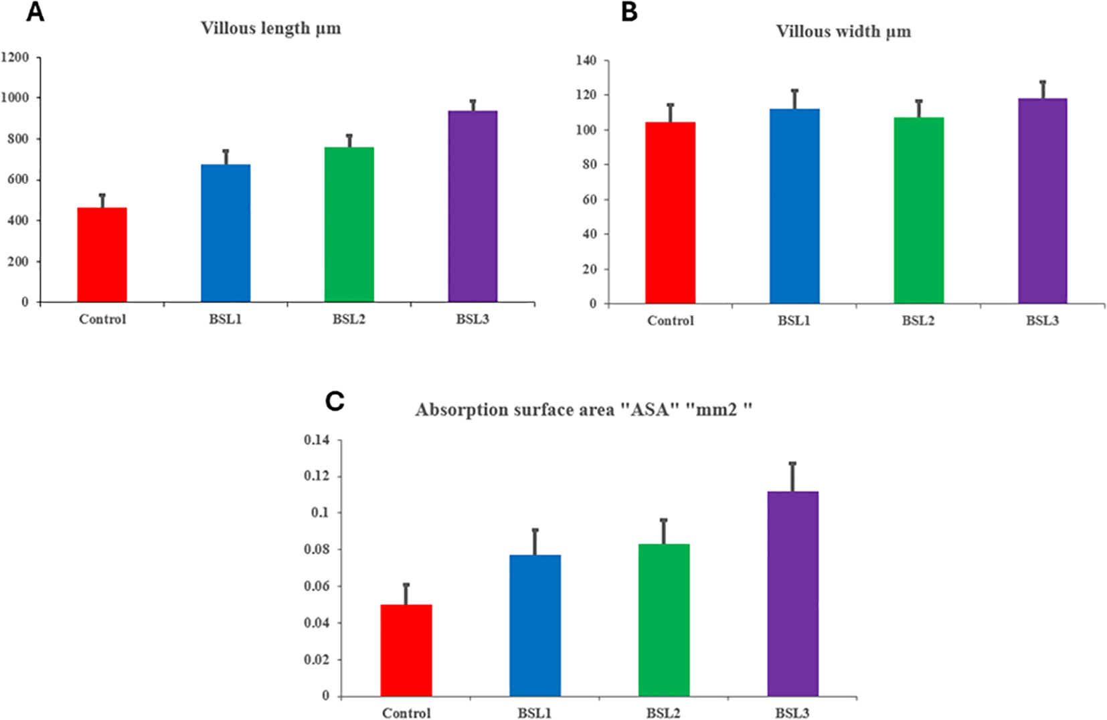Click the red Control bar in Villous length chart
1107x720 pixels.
[x=102, y=255]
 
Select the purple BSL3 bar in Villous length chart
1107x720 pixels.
[x=473, y=207]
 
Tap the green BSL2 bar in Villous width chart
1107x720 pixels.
[x=918, y=211]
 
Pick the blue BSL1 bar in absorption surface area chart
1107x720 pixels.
[x=535, y=626]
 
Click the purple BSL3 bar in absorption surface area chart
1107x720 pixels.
[x=792, y=594]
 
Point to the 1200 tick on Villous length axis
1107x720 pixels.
[x=15, y=58]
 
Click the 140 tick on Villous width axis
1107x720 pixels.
[x=586, y=61]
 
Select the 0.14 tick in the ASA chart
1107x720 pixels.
[x=317, y=440]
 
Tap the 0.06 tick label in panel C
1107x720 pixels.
[x=317, y=586]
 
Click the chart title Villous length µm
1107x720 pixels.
[x=270, y=28]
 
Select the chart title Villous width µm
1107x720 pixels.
[x=843, y=31]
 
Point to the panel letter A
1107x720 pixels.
[x=35, y=11]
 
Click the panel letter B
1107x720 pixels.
[x=629, y=11]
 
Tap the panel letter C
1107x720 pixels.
[x=334, y=401]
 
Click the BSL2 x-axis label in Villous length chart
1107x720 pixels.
[x=349, y=319]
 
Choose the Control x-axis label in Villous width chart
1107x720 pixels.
[x=670, y=321]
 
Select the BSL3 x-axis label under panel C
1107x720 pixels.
[x=792, y=713]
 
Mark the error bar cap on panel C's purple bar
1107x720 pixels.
[x=792, y=463]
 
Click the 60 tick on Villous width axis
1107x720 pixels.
[x=589, y=199]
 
